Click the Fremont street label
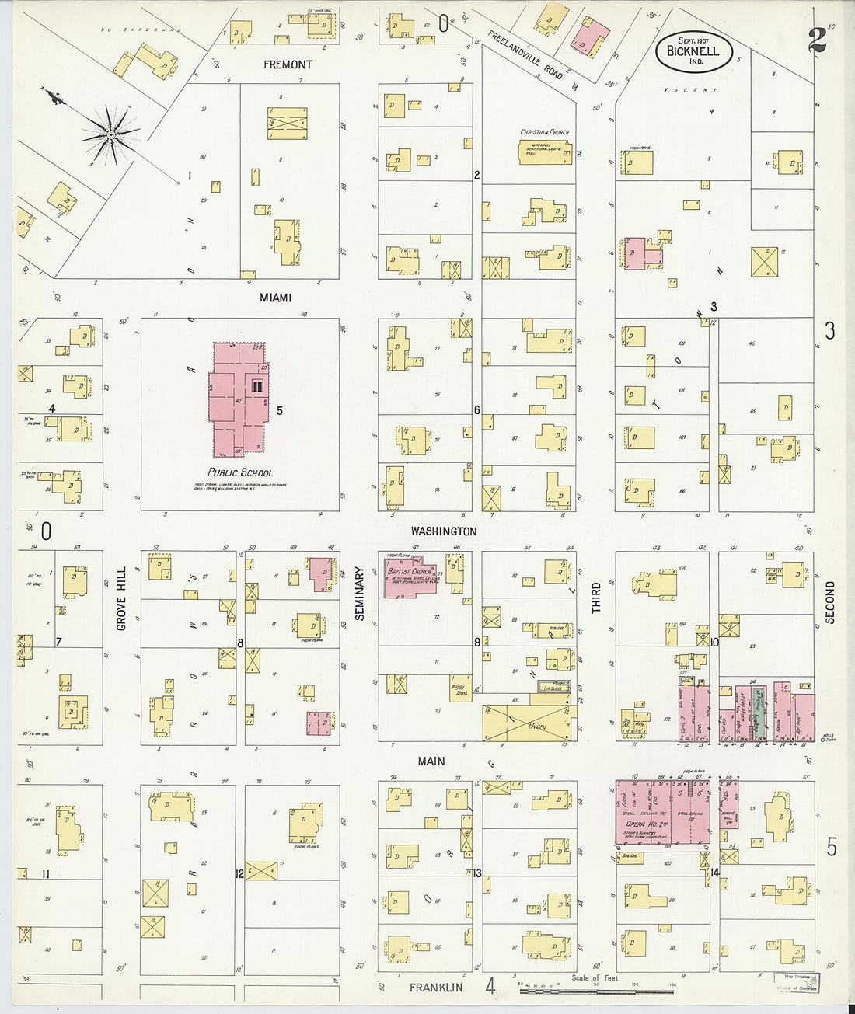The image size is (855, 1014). point(288,64)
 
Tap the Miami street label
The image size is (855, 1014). point(276,298)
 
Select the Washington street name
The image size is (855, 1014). point(444,531)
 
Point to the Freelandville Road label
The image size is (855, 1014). point(525,54)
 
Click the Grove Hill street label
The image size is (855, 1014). point(121,603)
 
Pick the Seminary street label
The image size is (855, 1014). point(359,593)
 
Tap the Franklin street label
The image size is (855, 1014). point(436,988)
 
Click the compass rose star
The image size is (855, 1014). point(111,135)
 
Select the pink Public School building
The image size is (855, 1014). point(238,400)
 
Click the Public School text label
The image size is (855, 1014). point(240,472)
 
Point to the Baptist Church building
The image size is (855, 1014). point(410,576)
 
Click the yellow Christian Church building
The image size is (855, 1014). point(545,151)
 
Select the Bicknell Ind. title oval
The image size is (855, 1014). point(688,51)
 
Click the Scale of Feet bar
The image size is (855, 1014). point(596,991)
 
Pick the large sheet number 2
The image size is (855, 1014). point(816,40)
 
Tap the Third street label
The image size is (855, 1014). point(596,599)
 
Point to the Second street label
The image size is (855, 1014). point(829,602)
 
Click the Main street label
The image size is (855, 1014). point(431,761)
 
